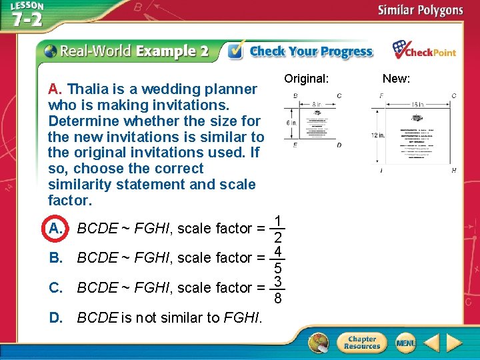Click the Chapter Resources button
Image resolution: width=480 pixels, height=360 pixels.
(361, 343)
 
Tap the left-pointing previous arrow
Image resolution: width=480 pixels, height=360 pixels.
(431, 343)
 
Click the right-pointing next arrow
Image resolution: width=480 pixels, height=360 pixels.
(455, 343)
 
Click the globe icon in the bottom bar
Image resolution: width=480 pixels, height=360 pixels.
(319, 343)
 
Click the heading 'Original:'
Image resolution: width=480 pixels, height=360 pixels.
(306, 79)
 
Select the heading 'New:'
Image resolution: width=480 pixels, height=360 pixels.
(396, 79)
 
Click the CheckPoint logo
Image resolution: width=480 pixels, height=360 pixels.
(424, 51)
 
